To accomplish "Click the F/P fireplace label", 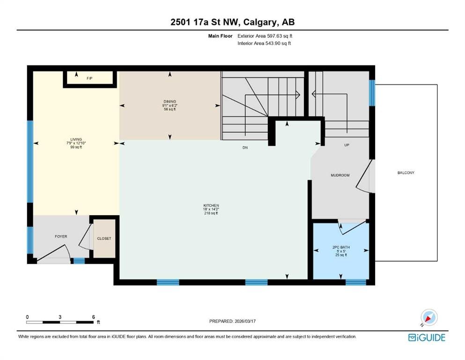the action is coord(89,78).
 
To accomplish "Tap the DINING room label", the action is coord(170,102).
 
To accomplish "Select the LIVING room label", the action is coord(76,140).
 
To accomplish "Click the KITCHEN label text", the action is coord(211,205).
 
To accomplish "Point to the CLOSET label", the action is coord(104,238).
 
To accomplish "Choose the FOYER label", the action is coord(61,237).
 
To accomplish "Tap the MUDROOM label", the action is coord(340,175).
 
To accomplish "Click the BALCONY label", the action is coord(406,172).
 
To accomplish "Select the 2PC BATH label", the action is coord(341,247).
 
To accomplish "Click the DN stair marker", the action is coord(245,148).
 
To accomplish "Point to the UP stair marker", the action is coord(347,145).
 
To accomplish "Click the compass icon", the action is coord(429,317).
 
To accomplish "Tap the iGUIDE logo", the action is coord(427,337).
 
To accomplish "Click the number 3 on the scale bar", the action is coord(60,317).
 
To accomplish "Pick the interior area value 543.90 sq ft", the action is coord(278,43).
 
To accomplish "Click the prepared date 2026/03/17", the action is coord(245,321).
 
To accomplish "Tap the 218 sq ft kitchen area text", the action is coord(211,213).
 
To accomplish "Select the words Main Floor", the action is coord(221,36).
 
